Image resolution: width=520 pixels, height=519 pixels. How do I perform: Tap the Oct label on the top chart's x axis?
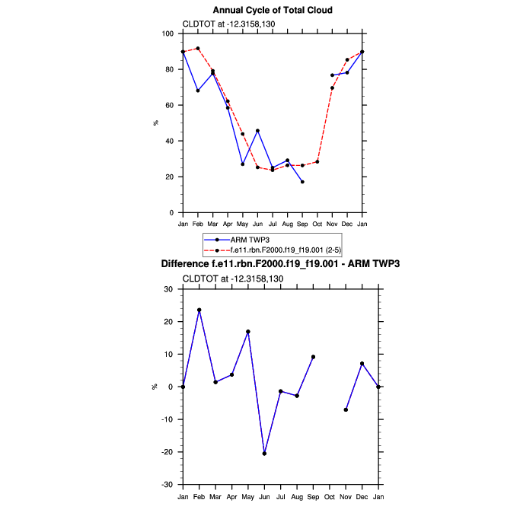point(317,224)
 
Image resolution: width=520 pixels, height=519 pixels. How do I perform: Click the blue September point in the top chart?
point(302,182)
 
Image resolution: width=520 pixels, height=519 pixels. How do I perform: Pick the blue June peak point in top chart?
point(257,131)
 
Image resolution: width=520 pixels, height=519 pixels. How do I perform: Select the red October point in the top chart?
point(317,162)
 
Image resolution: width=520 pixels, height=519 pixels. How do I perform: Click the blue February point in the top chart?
point(198,91)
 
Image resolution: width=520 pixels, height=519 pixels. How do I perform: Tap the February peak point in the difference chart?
point(199,310)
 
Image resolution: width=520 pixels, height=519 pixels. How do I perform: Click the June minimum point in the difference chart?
point(265,454)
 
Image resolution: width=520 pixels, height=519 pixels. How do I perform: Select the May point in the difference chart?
point(248,332)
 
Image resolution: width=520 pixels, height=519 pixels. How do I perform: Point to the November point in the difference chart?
point(346,410)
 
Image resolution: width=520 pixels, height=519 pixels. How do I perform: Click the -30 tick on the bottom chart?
point(169,485)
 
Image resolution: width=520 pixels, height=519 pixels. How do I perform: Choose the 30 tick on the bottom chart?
point(171,289)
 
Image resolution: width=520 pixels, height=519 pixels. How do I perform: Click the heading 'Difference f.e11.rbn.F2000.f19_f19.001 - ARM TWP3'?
point(280,264)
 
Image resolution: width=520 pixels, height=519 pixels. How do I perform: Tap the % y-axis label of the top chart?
point(156,123)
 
